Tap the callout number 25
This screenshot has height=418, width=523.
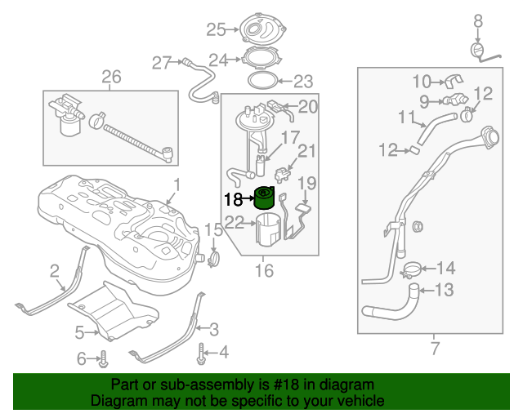[216, 30]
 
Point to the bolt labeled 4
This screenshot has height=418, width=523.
[200, 353]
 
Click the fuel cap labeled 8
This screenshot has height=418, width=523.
[480, 51]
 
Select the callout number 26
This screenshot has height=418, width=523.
[110, 78]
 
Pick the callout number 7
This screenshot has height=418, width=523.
[434, 349]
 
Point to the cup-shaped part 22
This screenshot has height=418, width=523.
[266, 229]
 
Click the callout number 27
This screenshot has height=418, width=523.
[161, 62]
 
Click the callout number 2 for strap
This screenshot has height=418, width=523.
[54, 270]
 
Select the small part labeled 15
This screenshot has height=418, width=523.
[217, 259]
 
